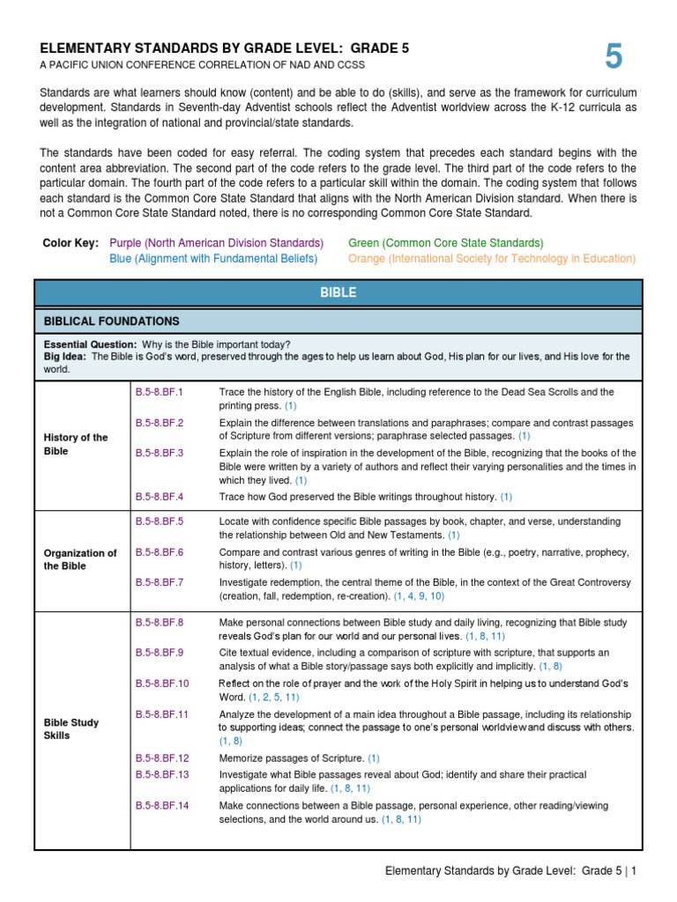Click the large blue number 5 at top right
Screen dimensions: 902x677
coord(614,57)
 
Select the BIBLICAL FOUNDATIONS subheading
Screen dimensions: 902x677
coord(112,322)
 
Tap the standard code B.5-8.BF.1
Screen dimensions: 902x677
coord(159,392)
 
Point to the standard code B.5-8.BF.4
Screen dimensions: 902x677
coord(159,497)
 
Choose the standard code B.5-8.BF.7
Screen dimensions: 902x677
coord(159,582)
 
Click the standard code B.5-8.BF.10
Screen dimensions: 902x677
coord(162,684)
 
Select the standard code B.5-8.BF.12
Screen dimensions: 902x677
coord(162,758)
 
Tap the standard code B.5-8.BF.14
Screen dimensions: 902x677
coord(162,805)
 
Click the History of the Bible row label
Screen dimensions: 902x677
coord(76,444)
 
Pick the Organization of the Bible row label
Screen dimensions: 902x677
coord(80,559)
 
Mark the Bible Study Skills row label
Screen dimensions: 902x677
coord(71,728)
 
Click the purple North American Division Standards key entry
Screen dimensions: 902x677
coord(216,242)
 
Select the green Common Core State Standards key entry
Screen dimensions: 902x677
coord(446,242)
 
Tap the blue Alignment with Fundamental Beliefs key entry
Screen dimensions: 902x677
coord(213,258)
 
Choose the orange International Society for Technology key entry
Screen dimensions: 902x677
coord(492,258)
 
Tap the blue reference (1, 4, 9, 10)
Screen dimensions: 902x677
coord(420,596)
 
